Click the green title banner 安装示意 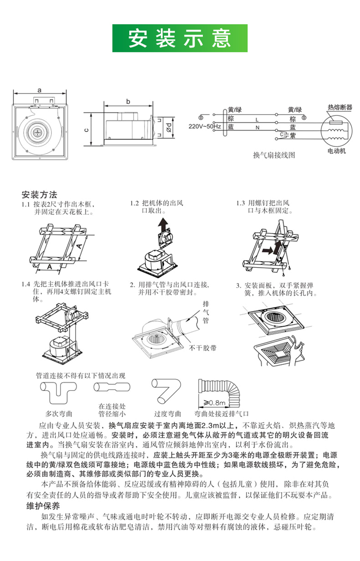[x=180, y=38]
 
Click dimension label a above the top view [x=39, y=90]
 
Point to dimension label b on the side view [x=128, y=101]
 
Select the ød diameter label [x=169, y=127]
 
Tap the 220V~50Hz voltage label [x=205, y=126]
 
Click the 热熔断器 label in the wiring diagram [x=340, y=108]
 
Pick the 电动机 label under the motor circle [x=337, y=151]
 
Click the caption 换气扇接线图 [x=274, y=155]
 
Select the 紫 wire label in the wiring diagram [x=293, y=135]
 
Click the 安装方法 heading [x=39, y=195]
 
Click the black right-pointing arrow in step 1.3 [x=267, y=250]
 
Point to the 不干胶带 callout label [x=202, y=348]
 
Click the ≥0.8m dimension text [x=214, y=403]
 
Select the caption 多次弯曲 [x=58, y=414]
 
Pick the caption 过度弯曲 [x=167, y=414]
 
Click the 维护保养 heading [x=43, y=506]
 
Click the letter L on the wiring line [x=257, y=120]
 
